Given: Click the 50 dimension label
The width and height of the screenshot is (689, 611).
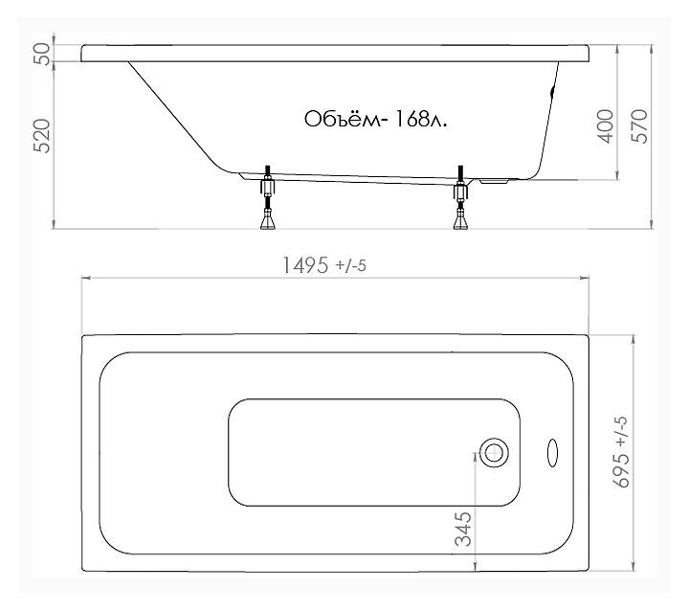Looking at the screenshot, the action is click(43, 54).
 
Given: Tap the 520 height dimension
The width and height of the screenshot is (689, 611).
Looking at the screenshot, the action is click(43, 136).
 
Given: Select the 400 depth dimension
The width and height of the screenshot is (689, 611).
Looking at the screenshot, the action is click(606, 126).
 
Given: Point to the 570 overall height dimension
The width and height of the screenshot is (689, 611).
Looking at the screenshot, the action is click(639, 126).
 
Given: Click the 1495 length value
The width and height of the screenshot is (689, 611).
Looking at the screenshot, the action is click(304, 265).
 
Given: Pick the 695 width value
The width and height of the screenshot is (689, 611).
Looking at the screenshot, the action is click(621, 471).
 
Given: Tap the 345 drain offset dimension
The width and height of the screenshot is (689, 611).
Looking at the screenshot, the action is click(463, 529).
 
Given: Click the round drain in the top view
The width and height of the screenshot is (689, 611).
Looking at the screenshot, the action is click(494, 453).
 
